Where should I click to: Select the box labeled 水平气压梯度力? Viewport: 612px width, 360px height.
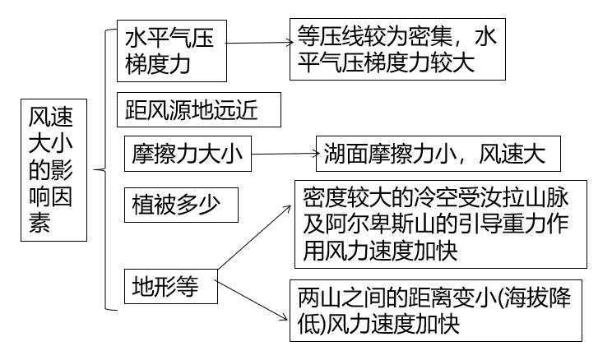171,51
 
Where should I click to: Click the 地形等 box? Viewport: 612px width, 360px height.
171,287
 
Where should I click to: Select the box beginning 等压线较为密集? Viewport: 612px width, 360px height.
396,51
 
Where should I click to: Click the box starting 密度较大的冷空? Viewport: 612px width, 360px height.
442,224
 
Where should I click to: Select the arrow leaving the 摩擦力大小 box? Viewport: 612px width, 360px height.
284,154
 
